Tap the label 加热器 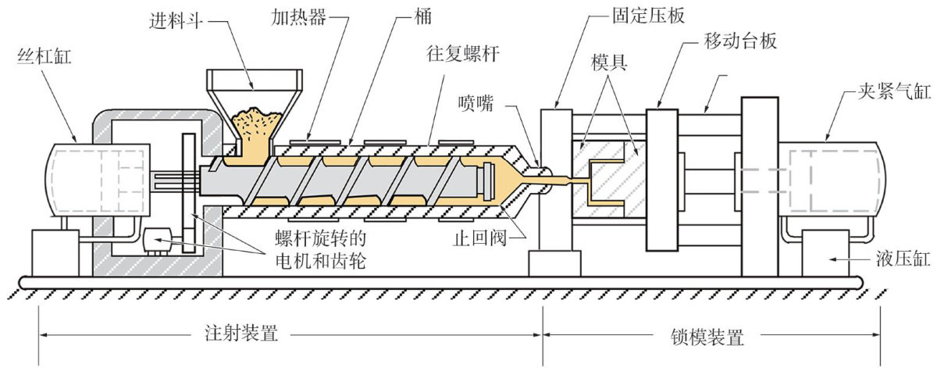(298, 18)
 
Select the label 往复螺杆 (463, 55)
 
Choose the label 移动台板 (740, 41)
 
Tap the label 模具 (609, 63)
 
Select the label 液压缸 (903, 259)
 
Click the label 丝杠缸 (45, 56)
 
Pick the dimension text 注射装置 (241, 334)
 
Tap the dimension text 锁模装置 (707, 337)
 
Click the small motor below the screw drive (157, 241)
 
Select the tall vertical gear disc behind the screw (189, 194)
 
